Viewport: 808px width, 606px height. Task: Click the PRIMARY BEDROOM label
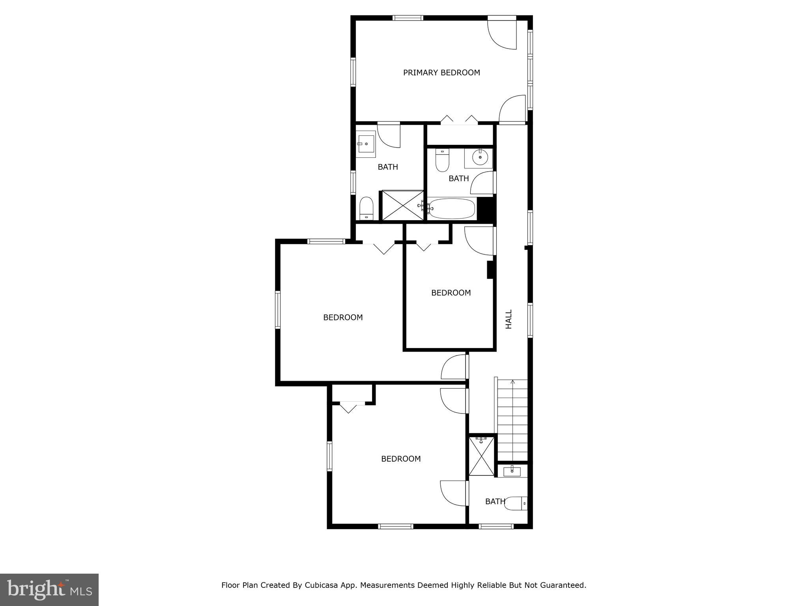point(441,73)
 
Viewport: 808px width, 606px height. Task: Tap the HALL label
point(509,319)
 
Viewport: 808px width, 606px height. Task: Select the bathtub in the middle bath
point(452,209)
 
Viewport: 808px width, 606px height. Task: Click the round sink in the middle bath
point(480,157)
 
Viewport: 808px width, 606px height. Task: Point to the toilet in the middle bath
point(442,160)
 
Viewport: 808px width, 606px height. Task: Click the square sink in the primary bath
point(366,144)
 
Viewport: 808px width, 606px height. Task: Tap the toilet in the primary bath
point(367,208)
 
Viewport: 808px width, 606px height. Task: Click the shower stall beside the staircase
point(481,455)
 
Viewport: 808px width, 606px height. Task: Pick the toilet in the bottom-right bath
point(516,503)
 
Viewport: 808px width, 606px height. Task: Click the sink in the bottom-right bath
point(512,471)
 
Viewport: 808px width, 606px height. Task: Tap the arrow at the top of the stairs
point(512,382)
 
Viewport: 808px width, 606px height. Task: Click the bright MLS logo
point(49,589)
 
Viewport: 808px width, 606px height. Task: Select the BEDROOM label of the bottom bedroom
point(401,459)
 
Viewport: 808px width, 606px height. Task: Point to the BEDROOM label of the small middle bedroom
point(451,293)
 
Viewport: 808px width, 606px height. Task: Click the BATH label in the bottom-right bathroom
point(495,501)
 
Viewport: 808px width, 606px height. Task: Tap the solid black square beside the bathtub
point(486,209)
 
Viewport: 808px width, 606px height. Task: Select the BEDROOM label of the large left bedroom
point(343,317)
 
